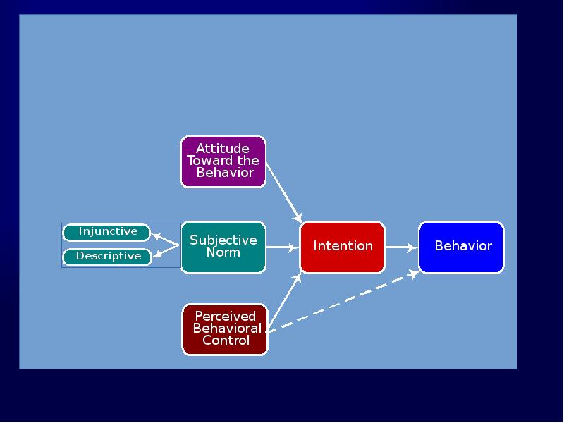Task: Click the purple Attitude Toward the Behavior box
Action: [223, 161]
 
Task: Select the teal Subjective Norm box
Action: [223, 247]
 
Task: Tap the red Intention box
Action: [343, 247]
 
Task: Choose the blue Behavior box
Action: [462, 247]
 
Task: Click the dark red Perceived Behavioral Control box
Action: [225, 329]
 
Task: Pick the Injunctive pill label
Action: [107, 232]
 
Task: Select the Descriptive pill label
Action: [108, 257]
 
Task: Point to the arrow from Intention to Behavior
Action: [402, 247]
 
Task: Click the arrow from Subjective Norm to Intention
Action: [283, 247]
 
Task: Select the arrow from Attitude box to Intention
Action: [284, 192]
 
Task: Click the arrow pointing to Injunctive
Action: [166, 240]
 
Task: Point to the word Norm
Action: [223, 252]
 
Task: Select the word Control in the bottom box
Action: [226, 341]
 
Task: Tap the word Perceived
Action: [225, 317]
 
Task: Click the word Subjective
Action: [223, 240]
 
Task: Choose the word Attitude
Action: [223, 148]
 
